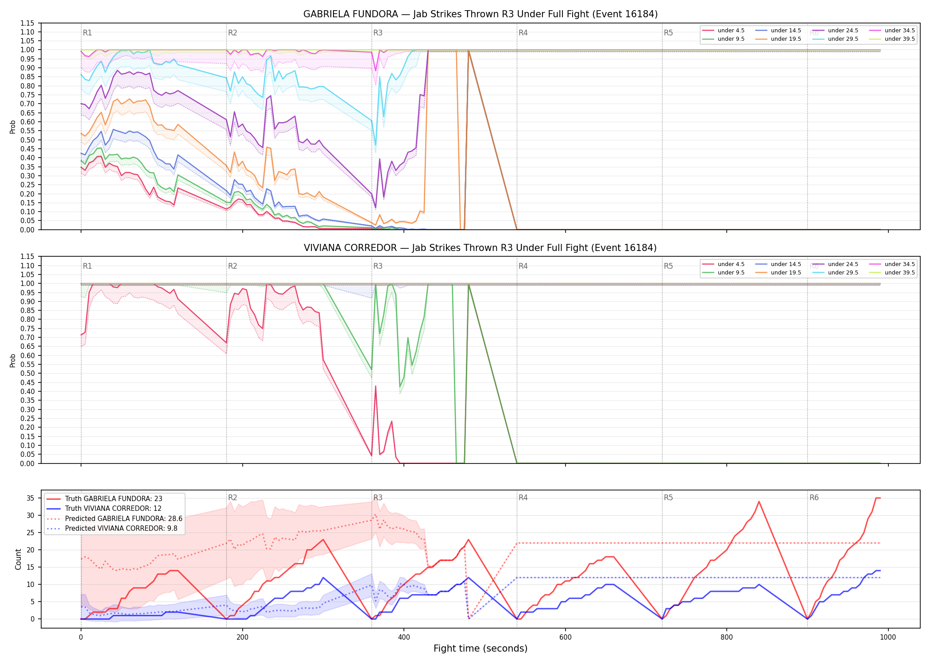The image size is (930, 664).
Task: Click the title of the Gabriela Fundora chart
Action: pos(480,14)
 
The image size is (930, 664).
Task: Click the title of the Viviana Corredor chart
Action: pos(480,248)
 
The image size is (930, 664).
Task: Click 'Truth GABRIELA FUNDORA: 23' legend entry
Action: pos(113,499)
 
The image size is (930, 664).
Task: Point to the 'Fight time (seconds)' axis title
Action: pos(480,649)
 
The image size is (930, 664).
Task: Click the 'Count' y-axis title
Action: pos(18,559)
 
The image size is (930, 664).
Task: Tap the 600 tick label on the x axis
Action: pos(566,637)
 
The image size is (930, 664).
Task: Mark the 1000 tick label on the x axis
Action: pos(888,637)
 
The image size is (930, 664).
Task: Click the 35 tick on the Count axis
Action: pos(30,498)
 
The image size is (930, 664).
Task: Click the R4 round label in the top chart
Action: pos(523,33)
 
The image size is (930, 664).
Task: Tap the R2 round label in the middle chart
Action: pos(232,266)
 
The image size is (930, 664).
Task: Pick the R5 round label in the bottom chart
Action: pos(668,498)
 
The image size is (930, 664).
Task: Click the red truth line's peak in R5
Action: pos(759,502)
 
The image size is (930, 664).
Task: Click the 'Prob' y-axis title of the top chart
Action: pos(13,127)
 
